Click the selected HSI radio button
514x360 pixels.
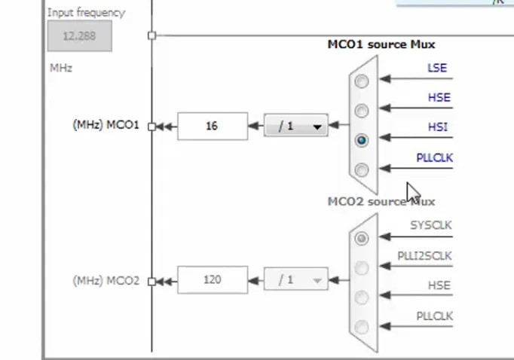tap(363, 140)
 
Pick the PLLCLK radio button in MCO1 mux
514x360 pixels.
tap(363, 169)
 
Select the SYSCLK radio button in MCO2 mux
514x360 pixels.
tap(363, 238)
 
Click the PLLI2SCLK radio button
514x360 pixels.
tap(363, 267)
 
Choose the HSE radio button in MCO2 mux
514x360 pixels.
tap(363, 297)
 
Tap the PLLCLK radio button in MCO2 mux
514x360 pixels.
tap(363, 326)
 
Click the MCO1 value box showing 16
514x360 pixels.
tap(212, 126)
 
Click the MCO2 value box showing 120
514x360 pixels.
tap(212, 279)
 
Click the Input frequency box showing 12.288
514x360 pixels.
tap(79, 36)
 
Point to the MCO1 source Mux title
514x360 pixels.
tap(381, 44)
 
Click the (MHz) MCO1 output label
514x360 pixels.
tap(106, 126)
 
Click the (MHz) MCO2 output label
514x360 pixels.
tap(106, 280)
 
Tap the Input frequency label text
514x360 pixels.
tap(86, 13)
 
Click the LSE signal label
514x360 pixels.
tap(437, 68)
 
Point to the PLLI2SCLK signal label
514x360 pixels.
tap(425, 256)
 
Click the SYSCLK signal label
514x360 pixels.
tap(431, 225)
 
